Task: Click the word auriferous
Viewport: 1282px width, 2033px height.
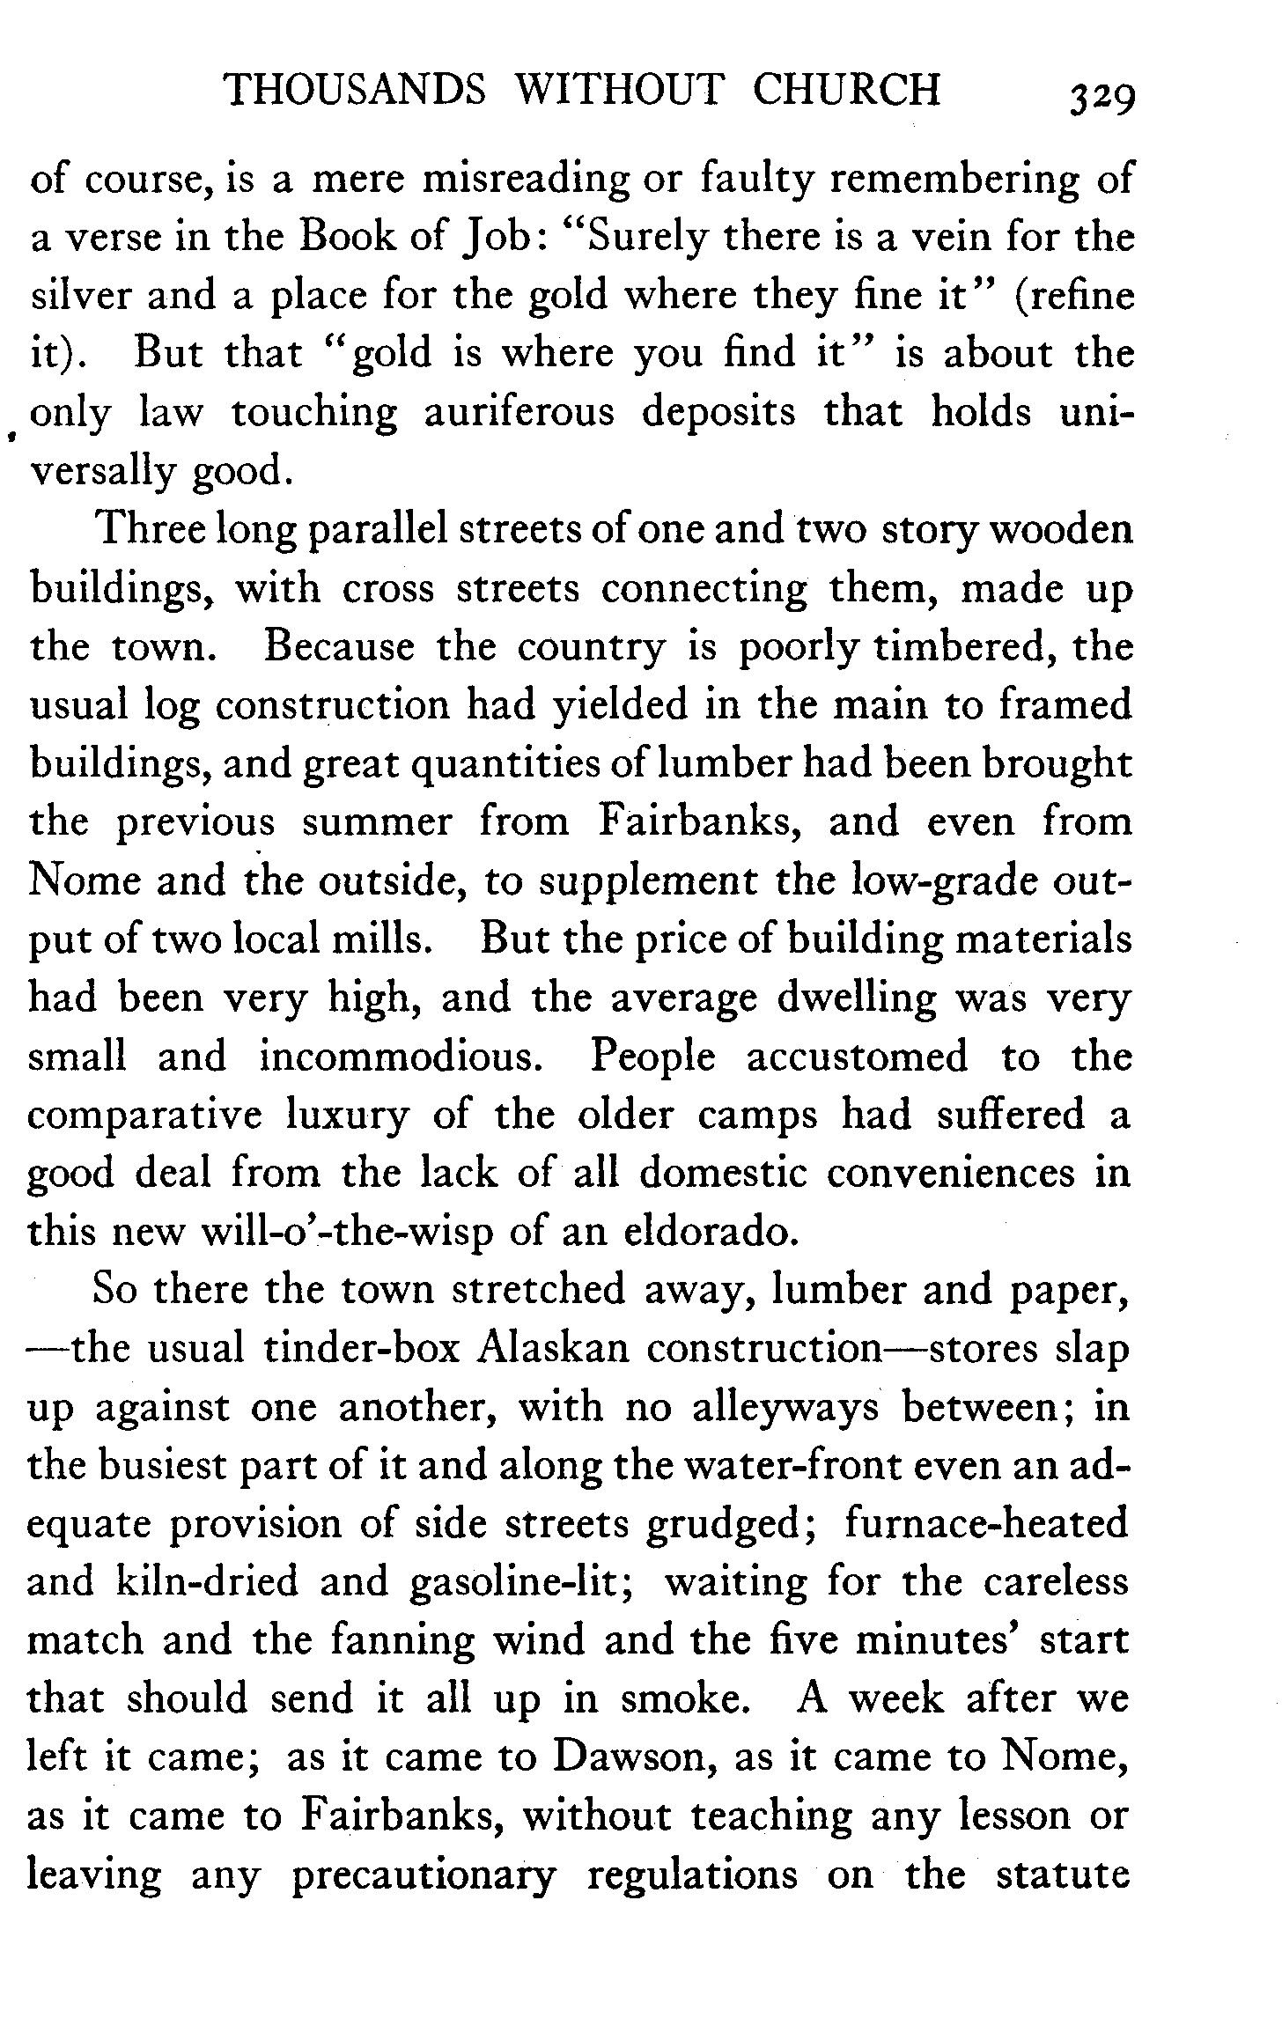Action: (519, 412)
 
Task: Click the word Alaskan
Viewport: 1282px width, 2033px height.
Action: (550, 1349)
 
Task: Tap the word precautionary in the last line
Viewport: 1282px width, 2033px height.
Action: (424, 1875)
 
